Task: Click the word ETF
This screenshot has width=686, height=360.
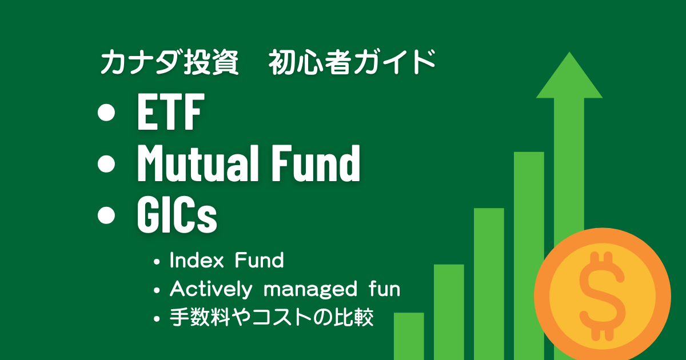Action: tap(170, 114)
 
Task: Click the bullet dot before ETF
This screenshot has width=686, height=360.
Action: tap(106, 114)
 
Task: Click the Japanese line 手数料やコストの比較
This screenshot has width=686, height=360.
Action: tap(272, 318)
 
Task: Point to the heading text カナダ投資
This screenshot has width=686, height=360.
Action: tap(169, 62)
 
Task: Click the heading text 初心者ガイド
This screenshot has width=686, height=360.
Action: tap(352, 62)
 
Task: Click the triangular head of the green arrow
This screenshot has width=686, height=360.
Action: tap(569, 77)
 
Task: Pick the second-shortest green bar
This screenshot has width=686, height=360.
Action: tap(449, 311)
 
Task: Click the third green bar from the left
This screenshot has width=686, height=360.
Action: tap(489, 283)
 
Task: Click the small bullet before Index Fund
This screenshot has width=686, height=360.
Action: tap(157, 262)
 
